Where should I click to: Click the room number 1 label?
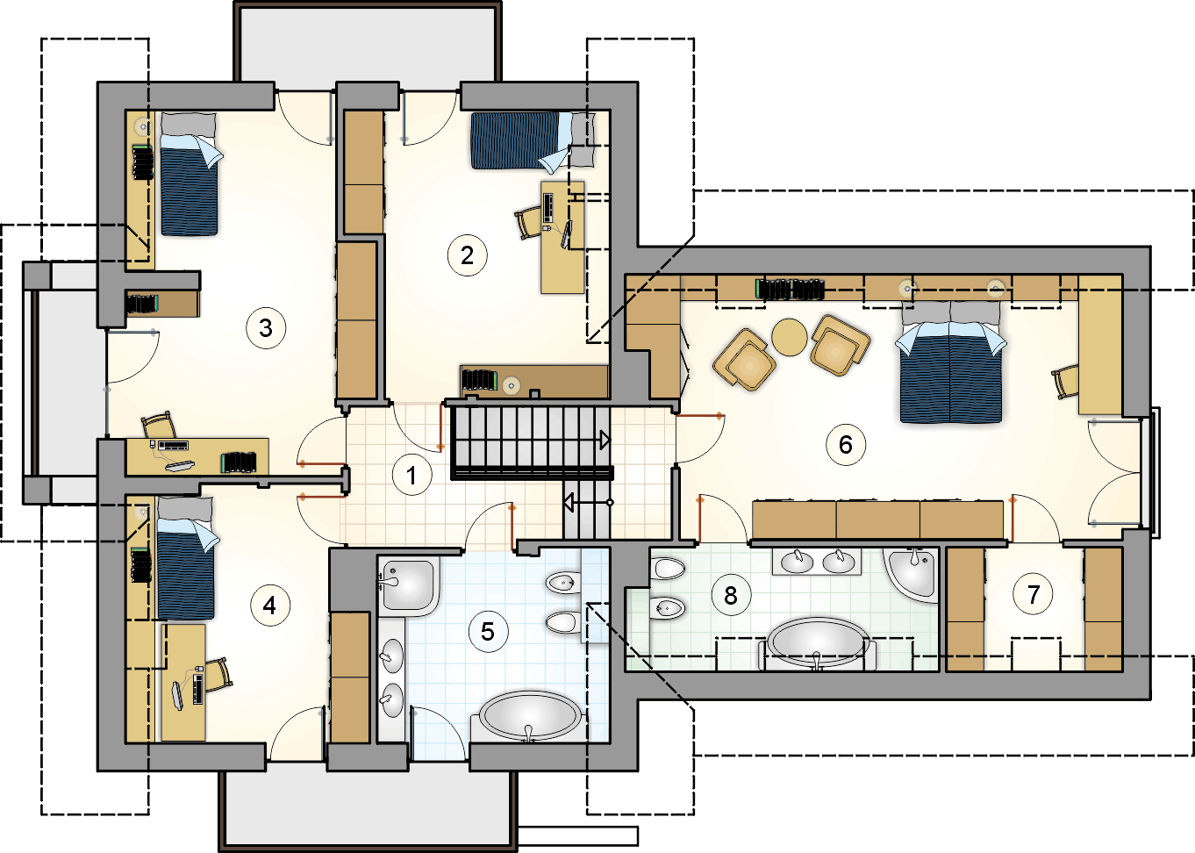point(411,475)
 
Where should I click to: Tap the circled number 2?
point(468,255)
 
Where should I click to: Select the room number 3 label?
point(266,328)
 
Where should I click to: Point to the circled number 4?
point(270,606)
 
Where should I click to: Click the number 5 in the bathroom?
point(488,632)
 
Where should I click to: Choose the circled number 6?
point(846,444)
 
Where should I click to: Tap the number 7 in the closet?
point(1034,594)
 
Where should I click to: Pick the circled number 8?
point(731,595)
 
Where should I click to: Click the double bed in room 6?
point(950,362)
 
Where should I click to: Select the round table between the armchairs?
point(790,337)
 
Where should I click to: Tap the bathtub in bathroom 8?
point(818,642)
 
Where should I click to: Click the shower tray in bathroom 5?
point(409,586)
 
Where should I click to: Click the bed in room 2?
point(533,140)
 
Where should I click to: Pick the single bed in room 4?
point(187,558)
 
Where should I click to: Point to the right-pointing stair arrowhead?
point(605,441)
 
